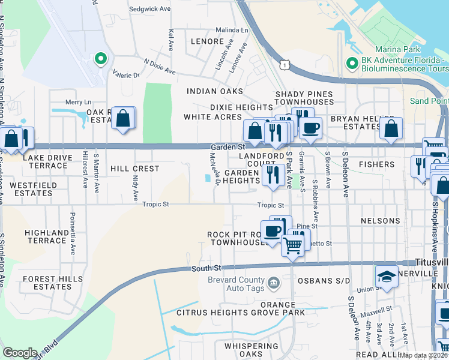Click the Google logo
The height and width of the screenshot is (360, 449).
pyautogui.click(x=20, y=353)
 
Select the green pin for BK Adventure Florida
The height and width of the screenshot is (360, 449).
pyautogui.click(x=352, y=62)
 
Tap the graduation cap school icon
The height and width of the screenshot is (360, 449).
pyautogui.click(x=387, y=277)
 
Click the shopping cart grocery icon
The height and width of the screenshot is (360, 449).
pyautogui.click(x=292, y=244)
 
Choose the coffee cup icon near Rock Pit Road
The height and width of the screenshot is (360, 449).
pyautogui.click(x=273, y=231)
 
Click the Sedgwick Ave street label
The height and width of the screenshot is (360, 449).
pyautogui.click(x=149, y=10)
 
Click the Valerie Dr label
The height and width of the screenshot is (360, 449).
pyautogui.click(x=126, y=75)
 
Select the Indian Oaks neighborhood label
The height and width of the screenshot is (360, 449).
pyautogui.click(x=214, y=91)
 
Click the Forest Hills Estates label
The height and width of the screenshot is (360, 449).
pyautogui.click(x=44, y=282)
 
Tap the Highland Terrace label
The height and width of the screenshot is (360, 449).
pyautogui.click(x=47, y=236)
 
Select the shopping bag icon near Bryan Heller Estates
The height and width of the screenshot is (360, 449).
pyautogui.click(x=391, y=128)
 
